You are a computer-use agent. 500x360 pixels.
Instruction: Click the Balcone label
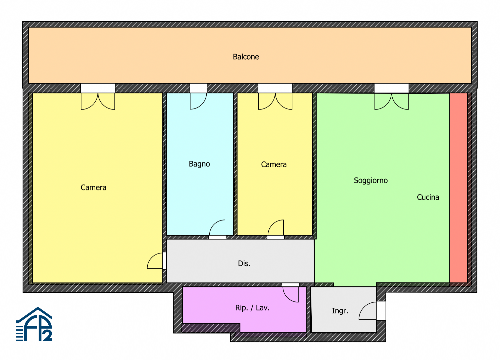click(x=246, y=57)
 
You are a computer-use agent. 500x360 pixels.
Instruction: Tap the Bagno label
click(x=199, y=164)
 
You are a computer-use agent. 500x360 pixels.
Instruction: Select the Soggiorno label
click(x=371, y=180)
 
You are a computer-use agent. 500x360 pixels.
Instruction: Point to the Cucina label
click(x=428, y=197)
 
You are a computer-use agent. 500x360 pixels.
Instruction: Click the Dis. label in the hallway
click(x=244, y=263)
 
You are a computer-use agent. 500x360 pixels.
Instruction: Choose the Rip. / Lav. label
click(x=252, y=308)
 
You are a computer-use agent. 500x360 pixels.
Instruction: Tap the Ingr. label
click(x=340, y=311)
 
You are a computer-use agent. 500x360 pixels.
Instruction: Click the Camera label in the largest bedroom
click(x=93, y=187)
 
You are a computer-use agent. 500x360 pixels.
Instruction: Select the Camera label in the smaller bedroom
click(x=274, y=165)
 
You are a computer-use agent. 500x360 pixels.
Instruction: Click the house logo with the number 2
click(x=34, y=324)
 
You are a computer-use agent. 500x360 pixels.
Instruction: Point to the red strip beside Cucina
click(x=458, y=188)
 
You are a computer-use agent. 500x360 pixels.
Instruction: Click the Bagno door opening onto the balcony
click(x=198, y=101)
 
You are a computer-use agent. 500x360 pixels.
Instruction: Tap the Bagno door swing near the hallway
click(x=217, y=227)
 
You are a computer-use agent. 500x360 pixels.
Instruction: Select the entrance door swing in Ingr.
click(x=368, y=311)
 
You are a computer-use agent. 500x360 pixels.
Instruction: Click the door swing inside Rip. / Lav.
click(x=291, y=294)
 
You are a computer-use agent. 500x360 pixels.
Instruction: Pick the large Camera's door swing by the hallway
click(x=155, y=261)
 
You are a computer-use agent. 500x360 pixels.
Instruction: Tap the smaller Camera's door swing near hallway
click(x=276, y=227)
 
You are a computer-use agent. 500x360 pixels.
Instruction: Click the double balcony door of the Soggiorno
click(x=392, y=102)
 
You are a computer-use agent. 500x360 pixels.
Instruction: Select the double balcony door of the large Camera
click(x=98, y=101)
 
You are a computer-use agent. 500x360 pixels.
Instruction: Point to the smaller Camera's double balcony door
click(x=275, y=101)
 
